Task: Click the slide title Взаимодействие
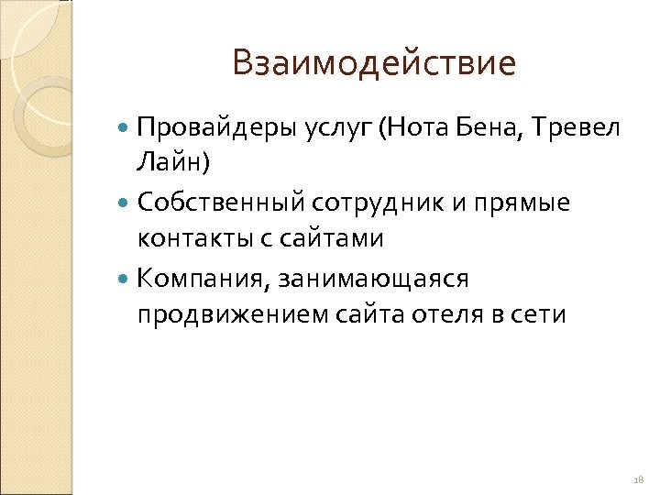(374, 63)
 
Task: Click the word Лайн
(170, 164)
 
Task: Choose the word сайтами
(329, 239)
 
